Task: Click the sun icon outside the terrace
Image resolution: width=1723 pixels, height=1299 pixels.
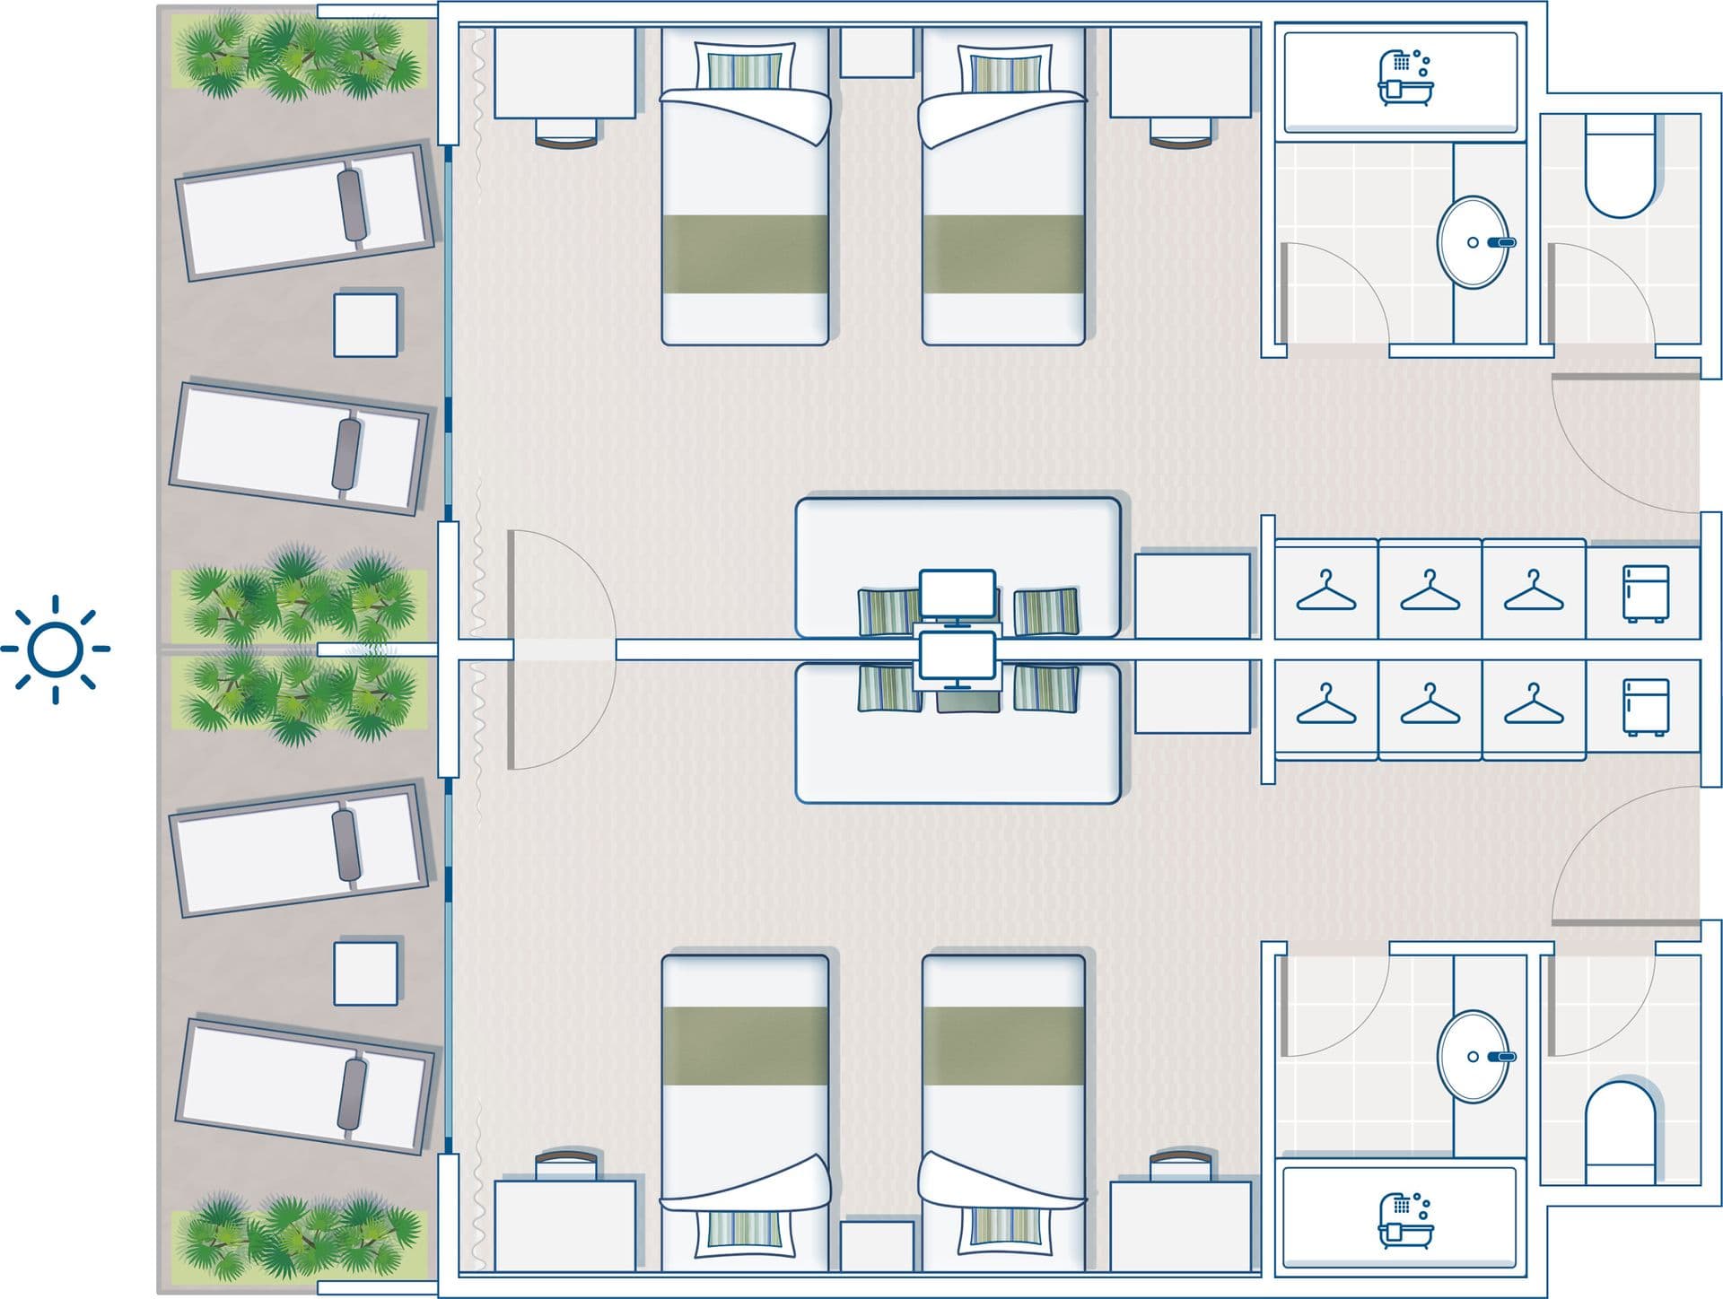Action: click(x=55, y=649)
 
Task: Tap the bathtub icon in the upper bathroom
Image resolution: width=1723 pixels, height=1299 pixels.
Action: click(x=1404, y=78)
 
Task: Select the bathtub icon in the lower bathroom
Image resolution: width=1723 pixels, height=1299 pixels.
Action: click(x=1404, y=1220)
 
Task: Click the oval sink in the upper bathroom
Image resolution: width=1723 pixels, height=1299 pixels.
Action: click(x=1473, y=242)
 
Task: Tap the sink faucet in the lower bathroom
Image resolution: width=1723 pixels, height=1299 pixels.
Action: click(x=1500, y=1057)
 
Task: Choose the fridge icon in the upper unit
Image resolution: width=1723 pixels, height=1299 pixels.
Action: click(x=1646, y=593)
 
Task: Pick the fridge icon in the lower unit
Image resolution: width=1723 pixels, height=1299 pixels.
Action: click(x=1646, y=707)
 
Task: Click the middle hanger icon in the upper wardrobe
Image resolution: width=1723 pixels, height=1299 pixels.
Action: click(x=1430, y=591)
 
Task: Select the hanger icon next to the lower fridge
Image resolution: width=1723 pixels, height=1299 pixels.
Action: click(x=1534, y=705)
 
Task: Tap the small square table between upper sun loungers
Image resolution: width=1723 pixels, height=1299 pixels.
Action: click(x=366, y=325)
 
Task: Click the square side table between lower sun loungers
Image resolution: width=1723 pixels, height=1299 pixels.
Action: click(x=366, y=972)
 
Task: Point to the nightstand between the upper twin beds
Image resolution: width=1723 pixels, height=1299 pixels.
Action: click(x=876, y=52)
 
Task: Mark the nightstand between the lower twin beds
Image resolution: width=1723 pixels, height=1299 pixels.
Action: click(x=876, y=1245)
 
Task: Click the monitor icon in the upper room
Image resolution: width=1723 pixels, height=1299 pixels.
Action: click(x=957, y=595)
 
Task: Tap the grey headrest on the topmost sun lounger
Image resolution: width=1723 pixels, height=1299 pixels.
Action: click(x=353, y=205)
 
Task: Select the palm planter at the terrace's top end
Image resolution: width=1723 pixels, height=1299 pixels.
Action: click(x=299, y=57)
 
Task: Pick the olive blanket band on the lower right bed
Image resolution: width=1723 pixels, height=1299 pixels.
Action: click(x=1003, y=1044)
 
